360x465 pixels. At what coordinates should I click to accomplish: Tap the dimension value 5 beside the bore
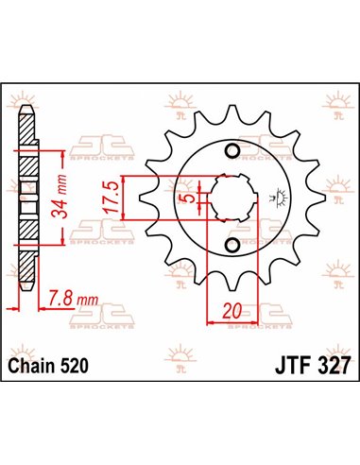pos(191,199)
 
